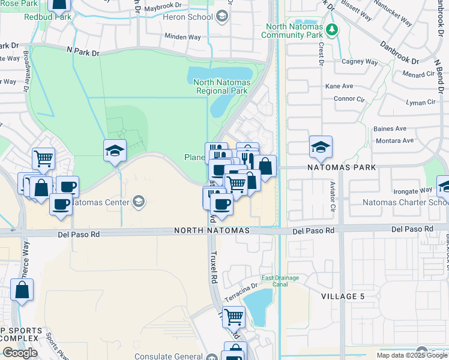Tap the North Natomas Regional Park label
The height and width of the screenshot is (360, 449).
click(x=222, y=86)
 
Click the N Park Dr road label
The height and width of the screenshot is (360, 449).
click(x=83, y=53)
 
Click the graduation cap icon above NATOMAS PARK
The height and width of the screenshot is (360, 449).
click(x=321, y=147)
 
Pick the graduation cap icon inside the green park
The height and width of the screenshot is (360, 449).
click(x=115, y=151)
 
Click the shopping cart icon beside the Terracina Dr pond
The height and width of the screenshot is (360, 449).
click(x=234, y=315)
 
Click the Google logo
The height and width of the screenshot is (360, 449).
click(x=19, y=352)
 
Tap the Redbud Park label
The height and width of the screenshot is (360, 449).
click(x=47, y=17)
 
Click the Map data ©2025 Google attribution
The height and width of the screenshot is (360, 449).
click(x=410, y=355)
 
